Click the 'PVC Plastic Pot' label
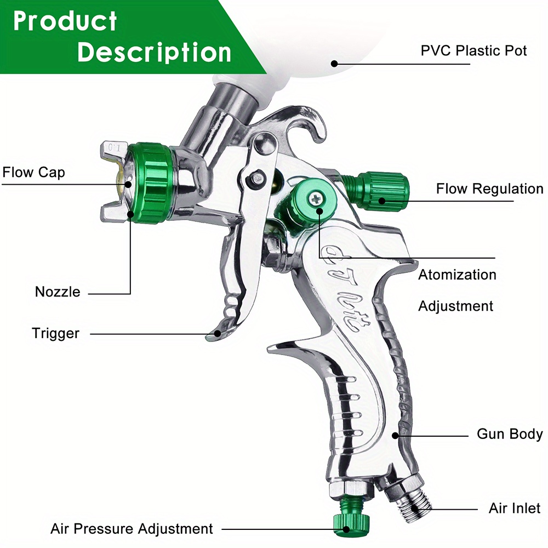473,51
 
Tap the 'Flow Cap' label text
34,173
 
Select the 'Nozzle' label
58,292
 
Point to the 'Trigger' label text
55,333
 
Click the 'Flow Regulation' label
489,189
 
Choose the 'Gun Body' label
510,434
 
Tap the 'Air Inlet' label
515,509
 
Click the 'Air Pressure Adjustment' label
132,529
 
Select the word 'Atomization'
457,275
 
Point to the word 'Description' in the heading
154,53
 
